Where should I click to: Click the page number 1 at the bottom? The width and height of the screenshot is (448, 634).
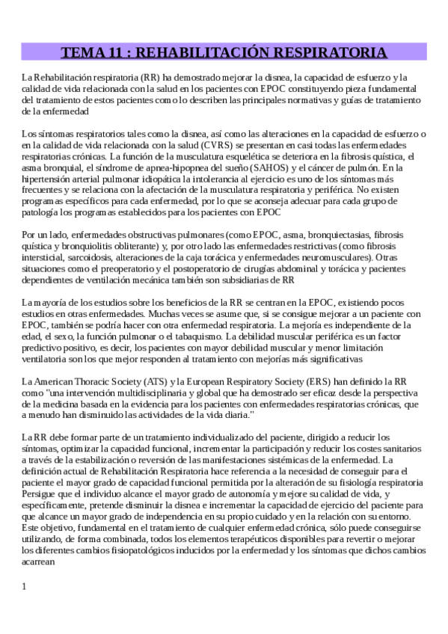tap(25, 585)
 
